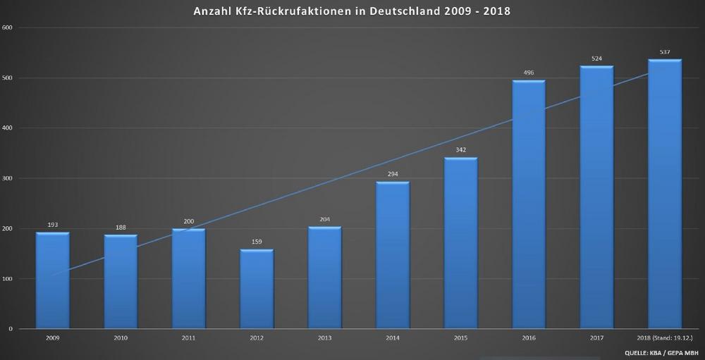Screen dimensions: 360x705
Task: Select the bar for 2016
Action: (529, 204)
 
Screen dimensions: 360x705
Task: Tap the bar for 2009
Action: (53, 280)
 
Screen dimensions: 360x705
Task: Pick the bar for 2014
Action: (393, 255)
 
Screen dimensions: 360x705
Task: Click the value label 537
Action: (665, 52)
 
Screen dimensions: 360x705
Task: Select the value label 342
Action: (460, 150)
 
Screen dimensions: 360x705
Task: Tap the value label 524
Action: (597, 58)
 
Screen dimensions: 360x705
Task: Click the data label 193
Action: (53, 225)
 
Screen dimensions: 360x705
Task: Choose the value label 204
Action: (324, 219)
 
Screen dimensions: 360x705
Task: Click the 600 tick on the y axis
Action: (8, 27)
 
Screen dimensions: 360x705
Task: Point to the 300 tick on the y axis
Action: (8, 178)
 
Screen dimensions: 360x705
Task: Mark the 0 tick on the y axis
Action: (11, 329)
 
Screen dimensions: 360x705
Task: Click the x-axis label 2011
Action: (188, 339)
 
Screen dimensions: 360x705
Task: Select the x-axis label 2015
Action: (460, 339)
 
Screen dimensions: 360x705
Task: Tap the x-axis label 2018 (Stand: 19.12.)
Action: (665, 339)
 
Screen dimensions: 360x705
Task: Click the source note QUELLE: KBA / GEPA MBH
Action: (662, 352)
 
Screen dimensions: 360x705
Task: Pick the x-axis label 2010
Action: (121, 339)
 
